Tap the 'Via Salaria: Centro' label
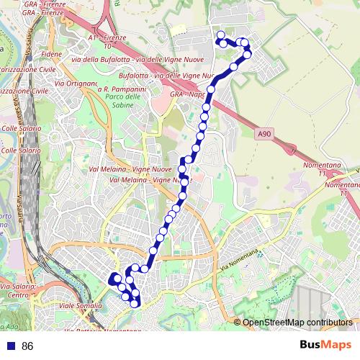(22, 291)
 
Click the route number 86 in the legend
(28, 346)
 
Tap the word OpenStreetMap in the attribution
(270, 322)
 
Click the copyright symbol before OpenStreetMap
(237, 322)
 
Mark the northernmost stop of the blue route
(220, 35)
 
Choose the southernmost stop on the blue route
(135, 303)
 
